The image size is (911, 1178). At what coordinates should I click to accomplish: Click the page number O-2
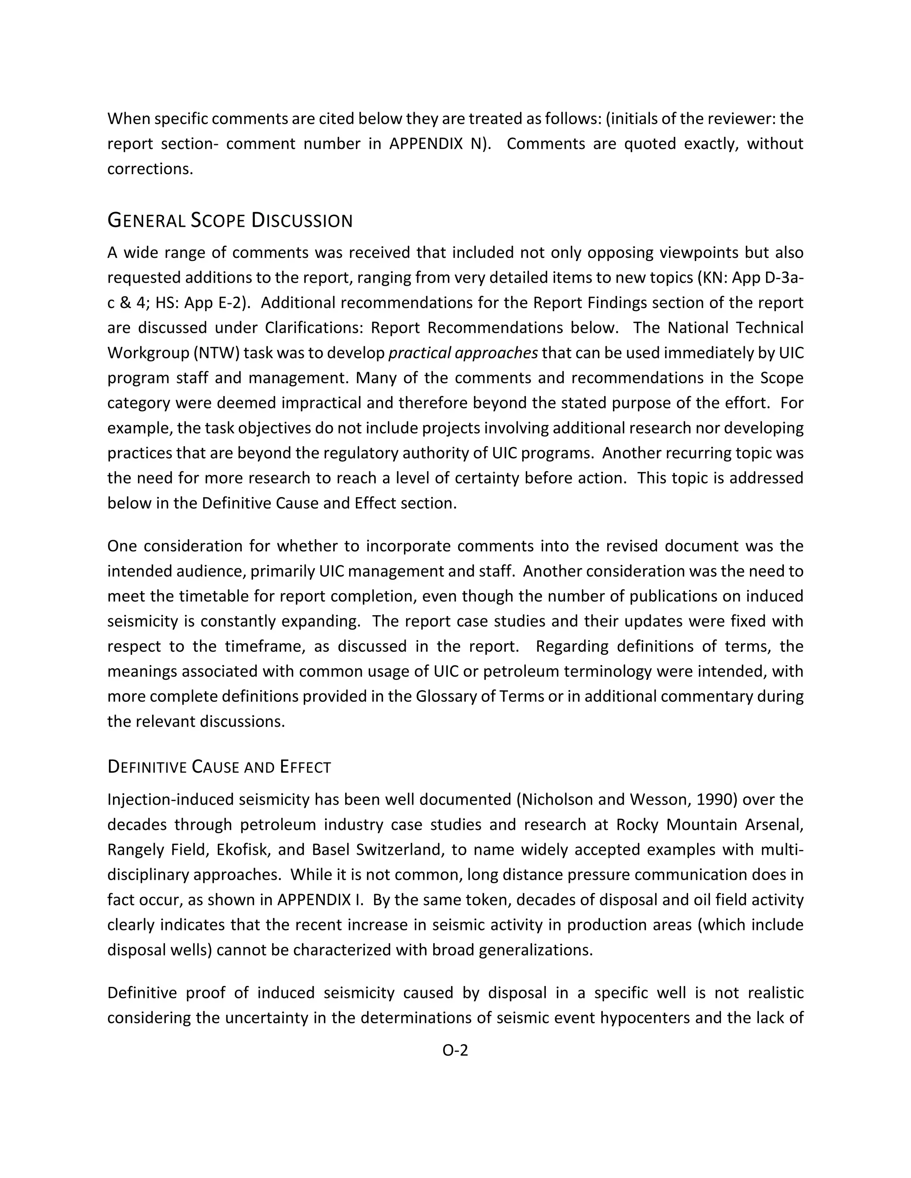[x=455, y=1050]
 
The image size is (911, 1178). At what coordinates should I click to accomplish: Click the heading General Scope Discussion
[x=230, y=220]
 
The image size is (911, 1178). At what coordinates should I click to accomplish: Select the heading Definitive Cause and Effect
[x=219, y=767]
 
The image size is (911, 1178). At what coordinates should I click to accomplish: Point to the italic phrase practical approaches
[x=463, y=353]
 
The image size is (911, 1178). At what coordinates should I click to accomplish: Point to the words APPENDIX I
[x=321, y=900]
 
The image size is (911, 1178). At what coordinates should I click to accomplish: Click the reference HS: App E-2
[x=201, y=303]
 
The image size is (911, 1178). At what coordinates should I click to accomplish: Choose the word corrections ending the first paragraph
[x=149, y=169]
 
